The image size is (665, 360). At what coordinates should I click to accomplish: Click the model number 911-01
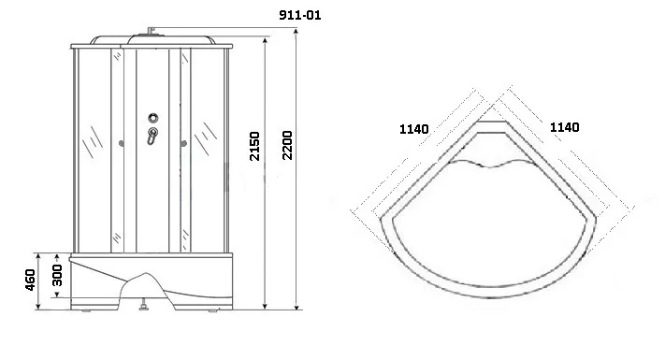tap(300, 15)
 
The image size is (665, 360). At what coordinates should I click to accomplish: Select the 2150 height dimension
tap(254, 146)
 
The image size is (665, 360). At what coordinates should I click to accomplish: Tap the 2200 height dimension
tap(287, 145)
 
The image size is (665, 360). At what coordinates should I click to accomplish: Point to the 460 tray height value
tap(30, 280)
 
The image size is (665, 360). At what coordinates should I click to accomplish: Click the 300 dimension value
tap(57, 275)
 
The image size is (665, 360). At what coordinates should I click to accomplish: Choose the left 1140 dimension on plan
tap(414, 129)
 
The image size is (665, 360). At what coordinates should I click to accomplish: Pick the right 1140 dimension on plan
tap(565, 127)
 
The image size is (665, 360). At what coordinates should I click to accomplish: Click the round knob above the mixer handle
tap(153, 118)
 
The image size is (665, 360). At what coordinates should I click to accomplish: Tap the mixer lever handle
tap(152, 136)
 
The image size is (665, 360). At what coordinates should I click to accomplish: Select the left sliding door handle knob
tap(122, 144)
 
